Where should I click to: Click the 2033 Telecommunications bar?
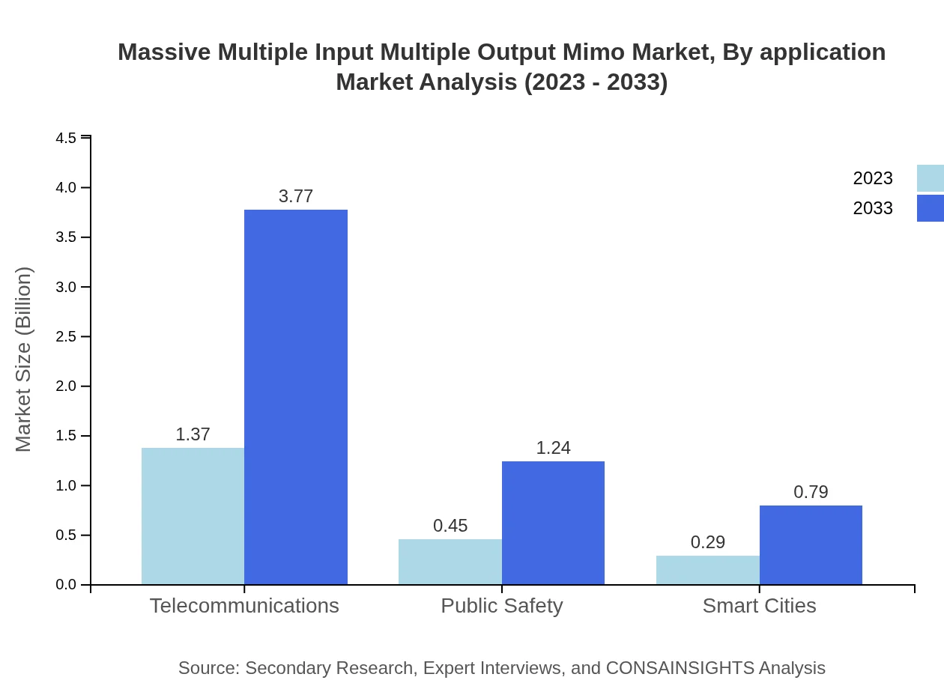click(x=296, y=397)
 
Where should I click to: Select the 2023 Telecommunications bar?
click(x=193, y=516)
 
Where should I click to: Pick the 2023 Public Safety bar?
click(x=450, y=562)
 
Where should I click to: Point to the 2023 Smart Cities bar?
click(x=707, y=570)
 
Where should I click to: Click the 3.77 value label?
click(x=296, y=196)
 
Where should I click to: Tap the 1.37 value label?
click(x=193, y=434)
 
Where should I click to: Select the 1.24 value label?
click(x=553, y=448)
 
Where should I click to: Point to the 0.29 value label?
click(x=707, y=542)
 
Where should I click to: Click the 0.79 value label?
click(x=811, y=492)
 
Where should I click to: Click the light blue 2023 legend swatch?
click(x=930, y=178)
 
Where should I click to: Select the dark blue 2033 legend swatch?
click(x=930, y=208)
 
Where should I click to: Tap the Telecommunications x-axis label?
click(x=244, y=605)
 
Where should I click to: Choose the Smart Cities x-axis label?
click(x=759, y=605)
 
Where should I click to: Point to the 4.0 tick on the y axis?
click(x=67, y=187)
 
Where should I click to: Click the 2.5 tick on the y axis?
click(x=67, y=336)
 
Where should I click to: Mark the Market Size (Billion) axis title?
click(x=23, y=359)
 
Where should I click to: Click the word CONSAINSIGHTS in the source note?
click(x=680, y=668)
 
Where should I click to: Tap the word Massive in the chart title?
click(x=164, y=52)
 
